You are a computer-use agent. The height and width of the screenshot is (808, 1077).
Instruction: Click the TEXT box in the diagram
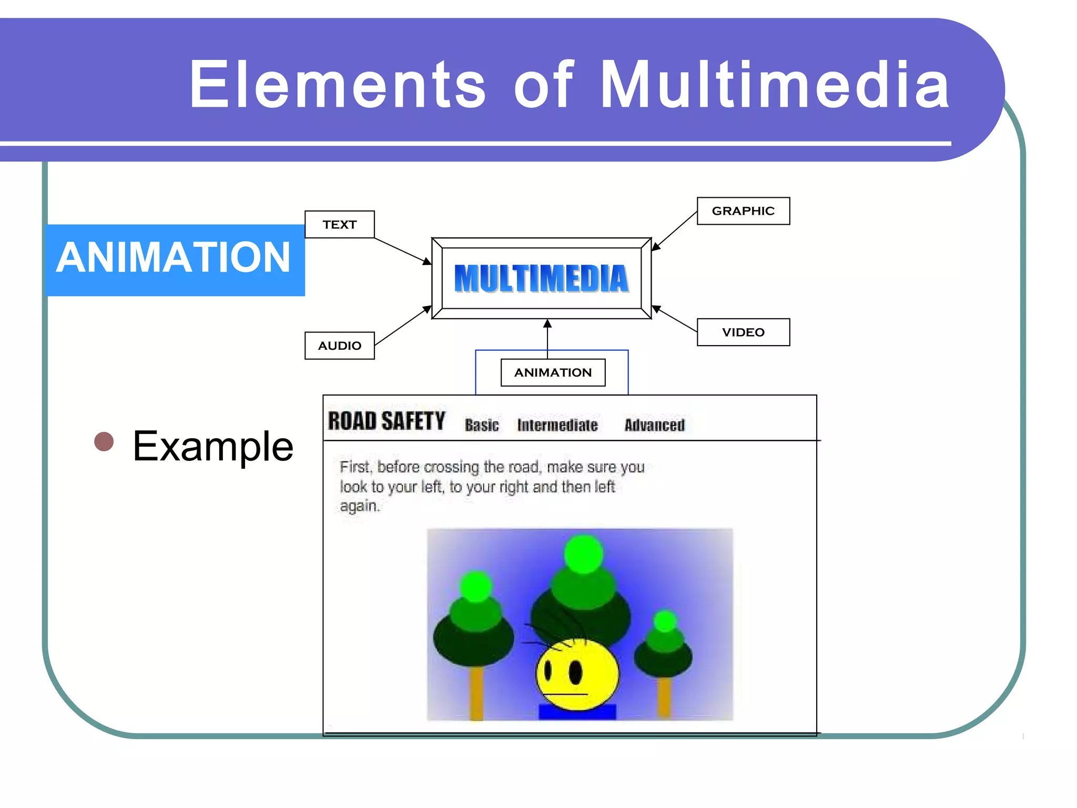coord(339,225)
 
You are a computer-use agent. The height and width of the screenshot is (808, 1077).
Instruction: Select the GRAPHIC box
coord(743,211)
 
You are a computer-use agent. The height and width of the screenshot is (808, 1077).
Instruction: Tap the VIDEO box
coord(743,332)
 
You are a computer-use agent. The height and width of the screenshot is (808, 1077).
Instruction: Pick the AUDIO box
coord(339,346)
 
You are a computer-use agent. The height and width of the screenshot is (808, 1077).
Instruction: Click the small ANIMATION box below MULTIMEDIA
coord(553,372)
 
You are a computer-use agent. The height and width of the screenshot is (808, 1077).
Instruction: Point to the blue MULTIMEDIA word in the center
coord(541,278)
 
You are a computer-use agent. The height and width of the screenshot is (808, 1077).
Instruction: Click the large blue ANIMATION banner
coord(174,259)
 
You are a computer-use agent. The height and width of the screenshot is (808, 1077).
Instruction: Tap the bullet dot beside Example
coord(104,441)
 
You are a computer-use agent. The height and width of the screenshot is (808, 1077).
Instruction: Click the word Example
coord(213,446)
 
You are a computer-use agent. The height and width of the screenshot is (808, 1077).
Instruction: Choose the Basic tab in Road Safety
coord(481,425)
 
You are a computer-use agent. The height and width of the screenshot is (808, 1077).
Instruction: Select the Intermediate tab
coord(557,425)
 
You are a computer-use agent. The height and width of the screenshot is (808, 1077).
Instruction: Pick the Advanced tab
coord(654,425)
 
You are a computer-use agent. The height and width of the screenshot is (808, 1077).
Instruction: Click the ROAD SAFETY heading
coord(387,421)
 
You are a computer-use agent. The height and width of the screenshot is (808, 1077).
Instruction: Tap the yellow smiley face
coord(577,674)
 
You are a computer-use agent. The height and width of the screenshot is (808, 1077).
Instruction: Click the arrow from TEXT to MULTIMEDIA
coord(402,251)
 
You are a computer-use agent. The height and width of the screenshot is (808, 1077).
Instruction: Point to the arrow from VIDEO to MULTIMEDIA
coord(675,319)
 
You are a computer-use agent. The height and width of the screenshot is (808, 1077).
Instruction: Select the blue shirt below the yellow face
coord(577,712)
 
